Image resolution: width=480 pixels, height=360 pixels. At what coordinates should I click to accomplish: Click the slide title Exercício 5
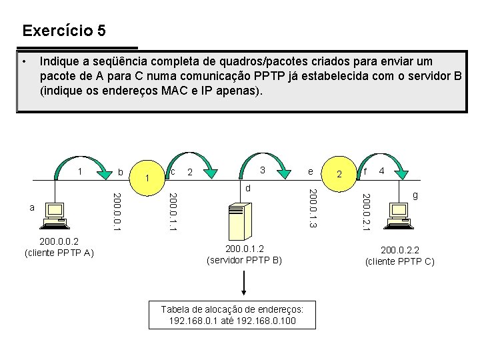(63, 31)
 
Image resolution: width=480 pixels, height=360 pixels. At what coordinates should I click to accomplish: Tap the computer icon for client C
(401, 213)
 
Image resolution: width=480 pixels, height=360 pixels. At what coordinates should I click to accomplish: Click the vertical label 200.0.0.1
(117, 212)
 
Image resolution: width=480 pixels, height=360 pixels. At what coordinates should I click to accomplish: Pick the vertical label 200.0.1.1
(173, 212)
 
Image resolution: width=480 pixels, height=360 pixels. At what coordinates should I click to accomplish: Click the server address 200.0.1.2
(245, 249)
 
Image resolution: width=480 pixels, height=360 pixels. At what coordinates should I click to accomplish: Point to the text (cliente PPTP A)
(59, 253)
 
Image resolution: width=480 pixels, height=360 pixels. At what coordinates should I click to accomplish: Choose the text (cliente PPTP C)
(400, 261)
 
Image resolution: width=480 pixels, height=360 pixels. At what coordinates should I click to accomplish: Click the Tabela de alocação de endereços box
(232, 315)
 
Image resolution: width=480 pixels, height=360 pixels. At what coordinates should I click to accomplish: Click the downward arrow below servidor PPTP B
(245, 284)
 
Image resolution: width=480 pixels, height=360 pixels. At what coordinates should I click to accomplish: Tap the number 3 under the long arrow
(263, 170)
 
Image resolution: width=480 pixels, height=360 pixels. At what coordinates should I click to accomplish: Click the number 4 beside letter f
(382, 171)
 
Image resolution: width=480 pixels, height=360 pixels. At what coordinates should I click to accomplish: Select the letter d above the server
(248, 188)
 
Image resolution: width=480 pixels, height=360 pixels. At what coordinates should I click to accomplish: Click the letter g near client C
(415, 196)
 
